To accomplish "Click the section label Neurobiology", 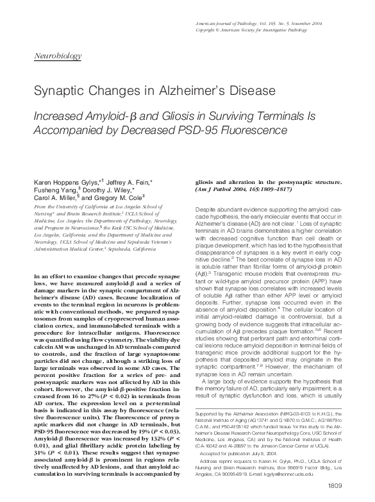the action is click(x=57, y=56).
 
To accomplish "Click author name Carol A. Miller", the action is click(x=51, y=198).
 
